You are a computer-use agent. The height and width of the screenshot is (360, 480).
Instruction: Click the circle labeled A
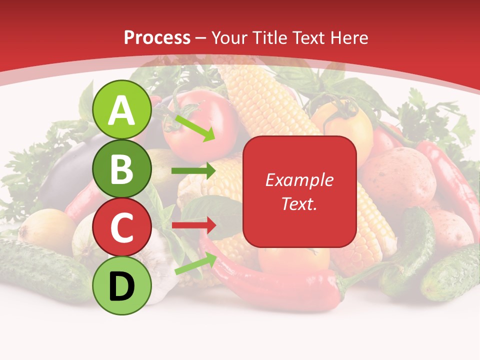122,110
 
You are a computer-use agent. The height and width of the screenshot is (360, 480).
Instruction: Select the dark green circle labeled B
122,170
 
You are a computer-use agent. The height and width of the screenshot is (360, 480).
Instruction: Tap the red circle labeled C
122,227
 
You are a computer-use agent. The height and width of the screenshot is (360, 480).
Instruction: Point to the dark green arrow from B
193,171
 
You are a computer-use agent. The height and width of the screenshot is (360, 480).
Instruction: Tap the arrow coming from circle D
195,264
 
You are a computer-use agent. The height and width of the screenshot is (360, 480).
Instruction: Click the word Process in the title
157,37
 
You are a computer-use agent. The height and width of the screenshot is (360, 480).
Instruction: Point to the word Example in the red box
299,180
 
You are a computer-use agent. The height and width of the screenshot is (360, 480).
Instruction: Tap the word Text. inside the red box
299,203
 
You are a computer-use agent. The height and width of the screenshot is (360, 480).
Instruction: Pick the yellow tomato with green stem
345,125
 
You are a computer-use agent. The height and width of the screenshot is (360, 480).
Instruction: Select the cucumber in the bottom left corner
40,270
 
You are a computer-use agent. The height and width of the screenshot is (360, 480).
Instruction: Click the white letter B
122,170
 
